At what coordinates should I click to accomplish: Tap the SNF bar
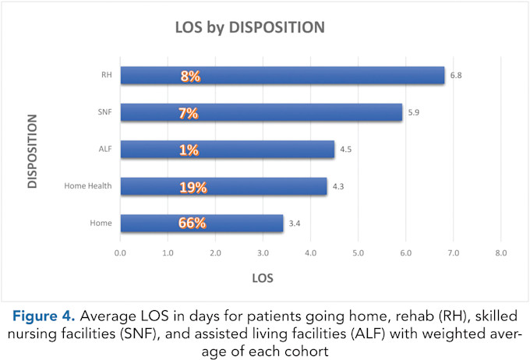(x=261, y=112)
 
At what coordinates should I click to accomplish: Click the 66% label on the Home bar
(x=192, y=223)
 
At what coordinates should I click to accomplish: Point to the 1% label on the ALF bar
(x=188, y=150)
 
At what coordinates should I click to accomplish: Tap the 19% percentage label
(x=191, y=186)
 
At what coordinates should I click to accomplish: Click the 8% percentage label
(x=189, y=76)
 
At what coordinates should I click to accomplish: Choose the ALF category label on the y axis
(x=105, y=150)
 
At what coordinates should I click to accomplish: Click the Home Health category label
(x=91, y=186)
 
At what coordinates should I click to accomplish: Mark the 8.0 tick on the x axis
(x=500, y=253)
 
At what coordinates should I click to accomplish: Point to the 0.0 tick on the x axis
(x=121, y=253)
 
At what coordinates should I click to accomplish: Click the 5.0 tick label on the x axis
(x=358, y=253)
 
